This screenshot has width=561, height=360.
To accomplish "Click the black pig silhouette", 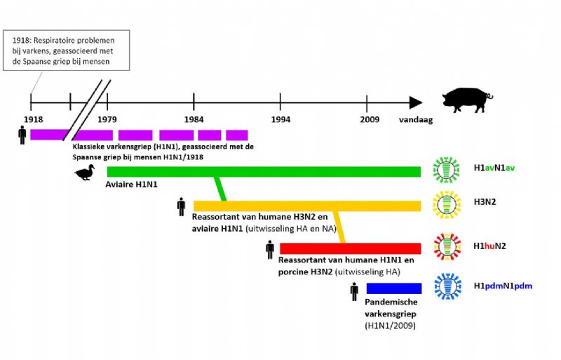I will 467,100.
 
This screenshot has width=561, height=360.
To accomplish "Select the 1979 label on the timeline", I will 107,120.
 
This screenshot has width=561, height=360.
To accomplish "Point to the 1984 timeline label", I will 194,120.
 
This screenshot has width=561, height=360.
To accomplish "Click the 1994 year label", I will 280,120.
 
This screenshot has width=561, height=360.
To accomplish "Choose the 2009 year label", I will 370,120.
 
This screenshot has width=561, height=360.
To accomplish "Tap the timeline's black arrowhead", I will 416,102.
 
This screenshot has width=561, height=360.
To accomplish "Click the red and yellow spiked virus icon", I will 447,247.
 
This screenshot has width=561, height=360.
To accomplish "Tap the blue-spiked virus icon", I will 447,287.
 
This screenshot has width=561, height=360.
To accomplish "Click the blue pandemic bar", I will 393,288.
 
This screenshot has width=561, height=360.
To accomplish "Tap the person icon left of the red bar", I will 270,248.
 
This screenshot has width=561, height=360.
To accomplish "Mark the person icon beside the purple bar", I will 22,135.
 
